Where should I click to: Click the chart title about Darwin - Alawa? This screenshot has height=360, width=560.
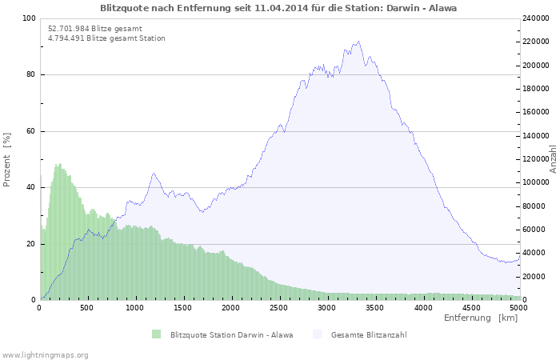pos(279,7)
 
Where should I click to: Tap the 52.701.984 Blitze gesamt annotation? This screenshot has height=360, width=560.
pos(95,28)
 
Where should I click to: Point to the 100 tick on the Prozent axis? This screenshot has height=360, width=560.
pos(29,18)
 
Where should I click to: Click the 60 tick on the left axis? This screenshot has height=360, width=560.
pos(31,131)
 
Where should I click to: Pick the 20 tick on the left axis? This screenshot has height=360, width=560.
pos(31,244)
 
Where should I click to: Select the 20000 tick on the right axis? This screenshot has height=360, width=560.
pos(537,277)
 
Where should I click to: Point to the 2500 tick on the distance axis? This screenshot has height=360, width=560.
pos(279,307)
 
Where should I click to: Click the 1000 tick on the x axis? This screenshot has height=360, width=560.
pos(135,307)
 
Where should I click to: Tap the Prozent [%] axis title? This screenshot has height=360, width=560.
pos(7,159)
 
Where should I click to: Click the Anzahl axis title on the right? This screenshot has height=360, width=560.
pos(553,159)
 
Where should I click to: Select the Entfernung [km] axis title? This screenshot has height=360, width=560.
pos(480,318)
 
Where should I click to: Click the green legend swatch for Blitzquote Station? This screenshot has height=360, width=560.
pos(156,334)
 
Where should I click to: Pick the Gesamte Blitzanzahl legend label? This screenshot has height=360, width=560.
pos(369,334)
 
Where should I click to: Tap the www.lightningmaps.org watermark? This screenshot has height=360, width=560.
pos(46,354)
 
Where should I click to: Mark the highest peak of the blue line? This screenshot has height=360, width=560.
pos(358,42)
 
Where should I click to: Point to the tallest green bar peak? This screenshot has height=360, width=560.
pos(59,164)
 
